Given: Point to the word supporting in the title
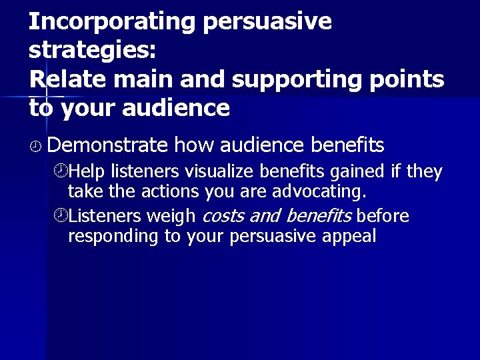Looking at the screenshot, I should click(297, 79).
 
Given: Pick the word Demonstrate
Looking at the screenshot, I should click(108, 144).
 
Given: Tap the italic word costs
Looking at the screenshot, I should click(222, 216).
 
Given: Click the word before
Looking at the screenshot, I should click(383, 216).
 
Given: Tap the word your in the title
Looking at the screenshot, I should click(89, 108).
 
